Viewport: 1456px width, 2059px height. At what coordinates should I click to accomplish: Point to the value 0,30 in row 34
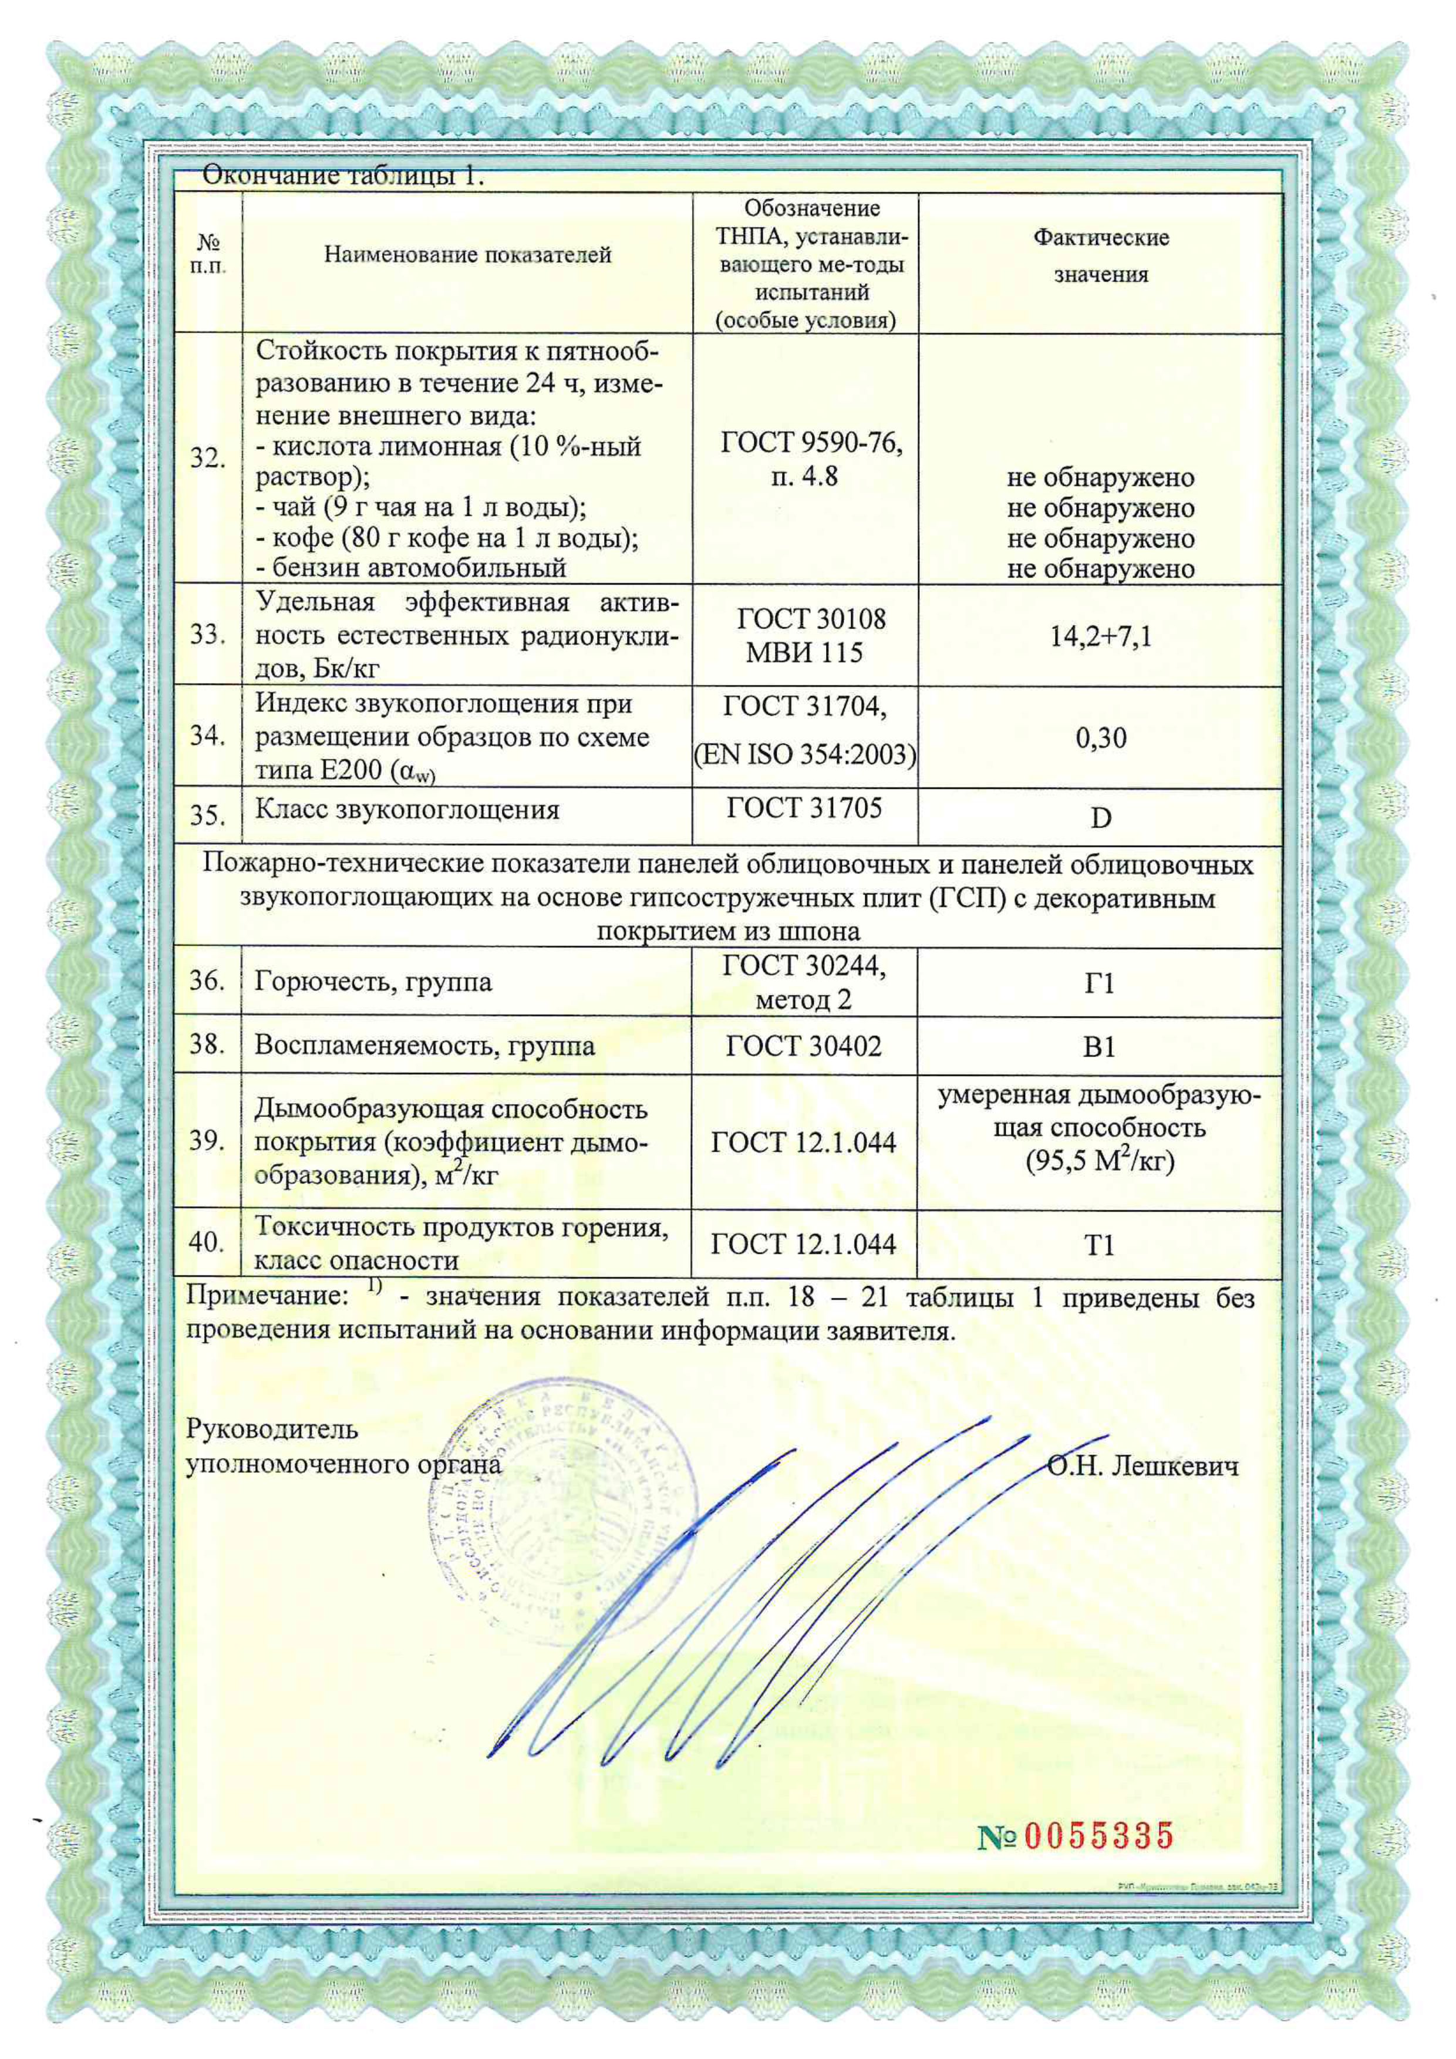1100,738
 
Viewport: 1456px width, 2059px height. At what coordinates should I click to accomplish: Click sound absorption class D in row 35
1100,818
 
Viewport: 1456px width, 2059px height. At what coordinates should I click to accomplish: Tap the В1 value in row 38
1099,1047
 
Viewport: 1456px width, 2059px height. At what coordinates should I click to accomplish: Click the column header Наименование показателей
467,255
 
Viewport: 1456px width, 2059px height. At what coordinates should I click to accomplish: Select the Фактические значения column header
1100,255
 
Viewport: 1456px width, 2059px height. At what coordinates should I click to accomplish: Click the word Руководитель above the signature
272,1428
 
